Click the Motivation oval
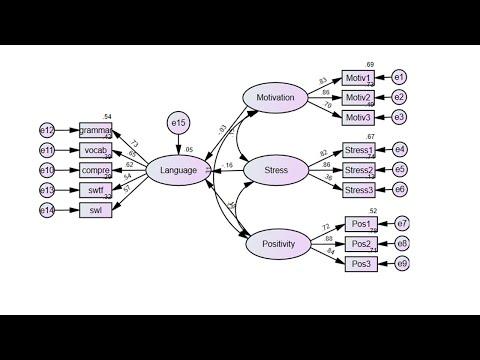tap(275, 98)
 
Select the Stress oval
tap(275, 170)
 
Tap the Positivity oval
tap(275, 243)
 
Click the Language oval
tap(178, 170)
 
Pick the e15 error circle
tap(178, 124)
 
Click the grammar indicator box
tap(96, 131)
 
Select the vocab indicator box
tap(96, 150)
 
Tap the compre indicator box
tap(96, 170)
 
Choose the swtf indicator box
tap(96, 190)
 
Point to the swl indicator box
tap(96, 210)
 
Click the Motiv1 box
tap(358, 78)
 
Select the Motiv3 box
tap(358, 118)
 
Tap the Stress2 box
tap(359, 170)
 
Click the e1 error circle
tap(399, 78)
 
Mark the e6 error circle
tap(400, 190)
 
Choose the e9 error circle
tap(402, 263)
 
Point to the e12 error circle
tap(47, 131)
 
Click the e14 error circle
tap(47, 210)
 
